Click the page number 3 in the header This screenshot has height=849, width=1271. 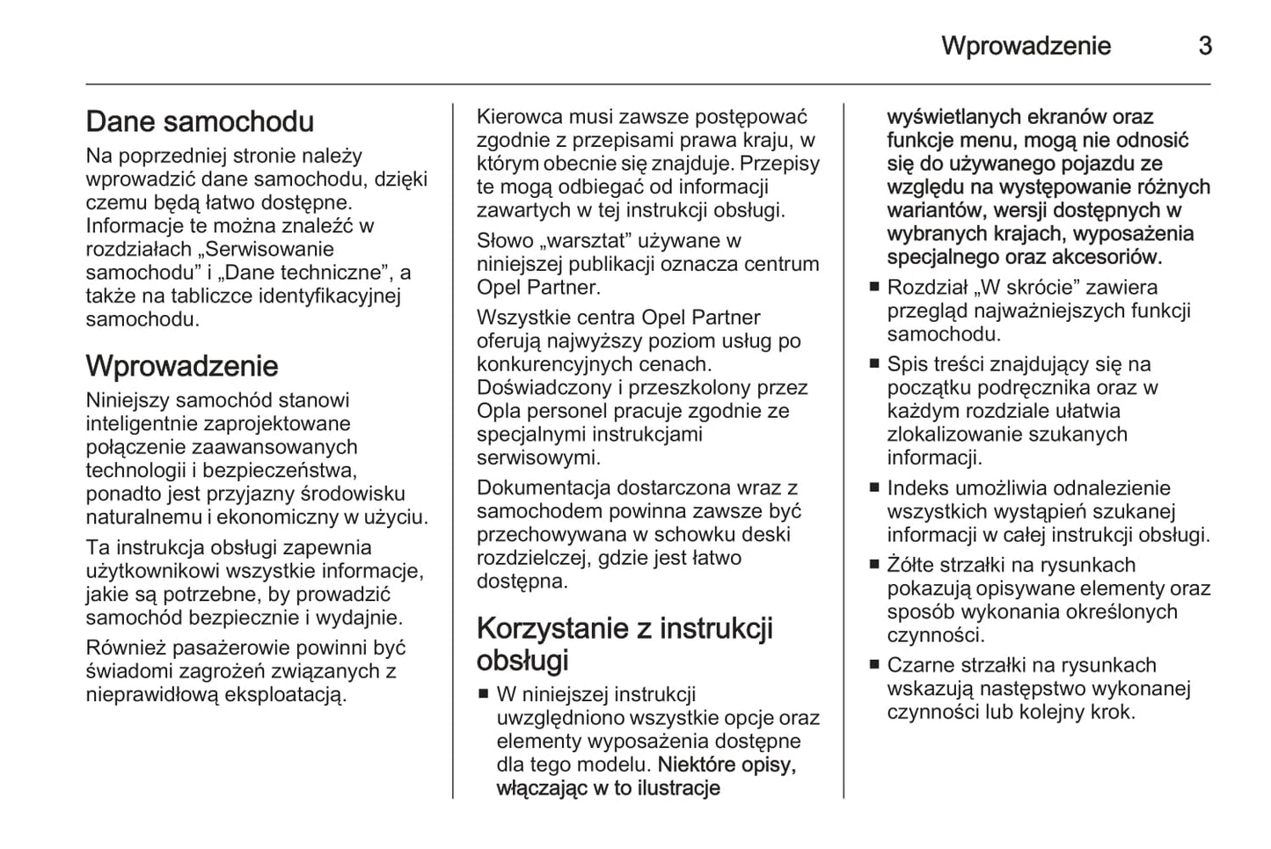1205,46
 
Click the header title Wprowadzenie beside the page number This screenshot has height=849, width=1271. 1026,46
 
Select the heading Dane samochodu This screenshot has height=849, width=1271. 200,121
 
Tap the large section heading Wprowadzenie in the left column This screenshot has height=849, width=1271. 182,366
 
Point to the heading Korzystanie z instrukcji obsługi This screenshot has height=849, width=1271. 625,644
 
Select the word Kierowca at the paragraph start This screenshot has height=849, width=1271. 518,117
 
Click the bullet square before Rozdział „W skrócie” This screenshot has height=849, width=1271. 874,287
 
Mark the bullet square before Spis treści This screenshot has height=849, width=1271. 874,363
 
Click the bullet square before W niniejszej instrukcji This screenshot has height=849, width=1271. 483,694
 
